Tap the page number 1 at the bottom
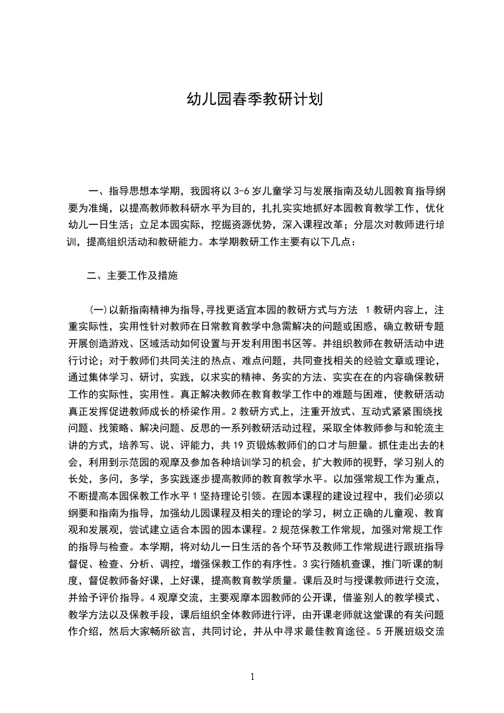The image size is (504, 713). click(252, 677)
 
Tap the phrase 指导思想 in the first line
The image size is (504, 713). click(128, 190)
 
